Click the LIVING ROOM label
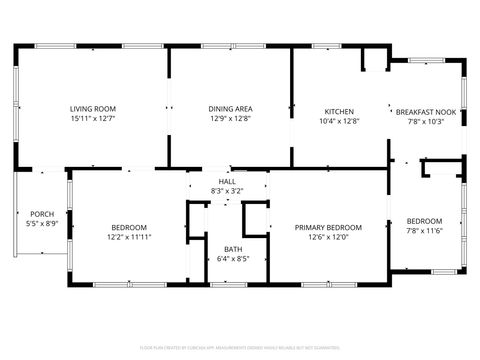pos(92,109)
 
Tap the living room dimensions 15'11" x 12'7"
pos(92,119)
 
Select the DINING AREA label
pos(229,109)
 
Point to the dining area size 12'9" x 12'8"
pos(229,119)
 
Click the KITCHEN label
pos(339,111)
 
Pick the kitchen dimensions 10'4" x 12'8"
pos(339,121)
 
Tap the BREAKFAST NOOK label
pos(426,112)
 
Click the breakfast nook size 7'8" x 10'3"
pos(426,121)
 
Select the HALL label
pos(227,181)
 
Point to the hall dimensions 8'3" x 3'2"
pos(227,190)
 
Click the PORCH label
pos(42,214)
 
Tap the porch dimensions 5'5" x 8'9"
pos(42,224)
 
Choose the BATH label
pos(232,249)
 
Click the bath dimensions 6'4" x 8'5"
pos(232,259)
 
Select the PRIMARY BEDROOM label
pos(328,227)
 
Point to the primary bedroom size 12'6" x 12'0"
pos(328,237)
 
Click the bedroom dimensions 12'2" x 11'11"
pos(129,237)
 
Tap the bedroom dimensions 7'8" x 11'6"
pos(424,231)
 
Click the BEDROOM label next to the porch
pos(129,227)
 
